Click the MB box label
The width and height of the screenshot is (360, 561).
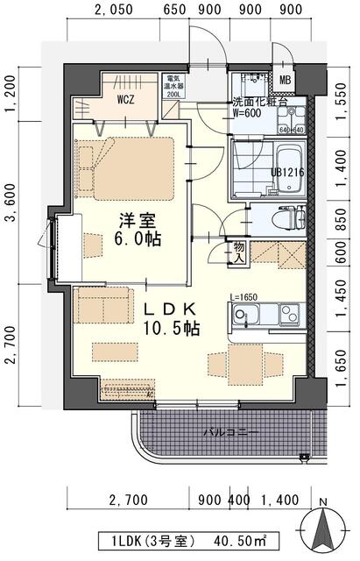pos(286,82)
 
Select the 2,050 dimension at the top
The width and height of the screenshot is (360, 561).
pos(112,11)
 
